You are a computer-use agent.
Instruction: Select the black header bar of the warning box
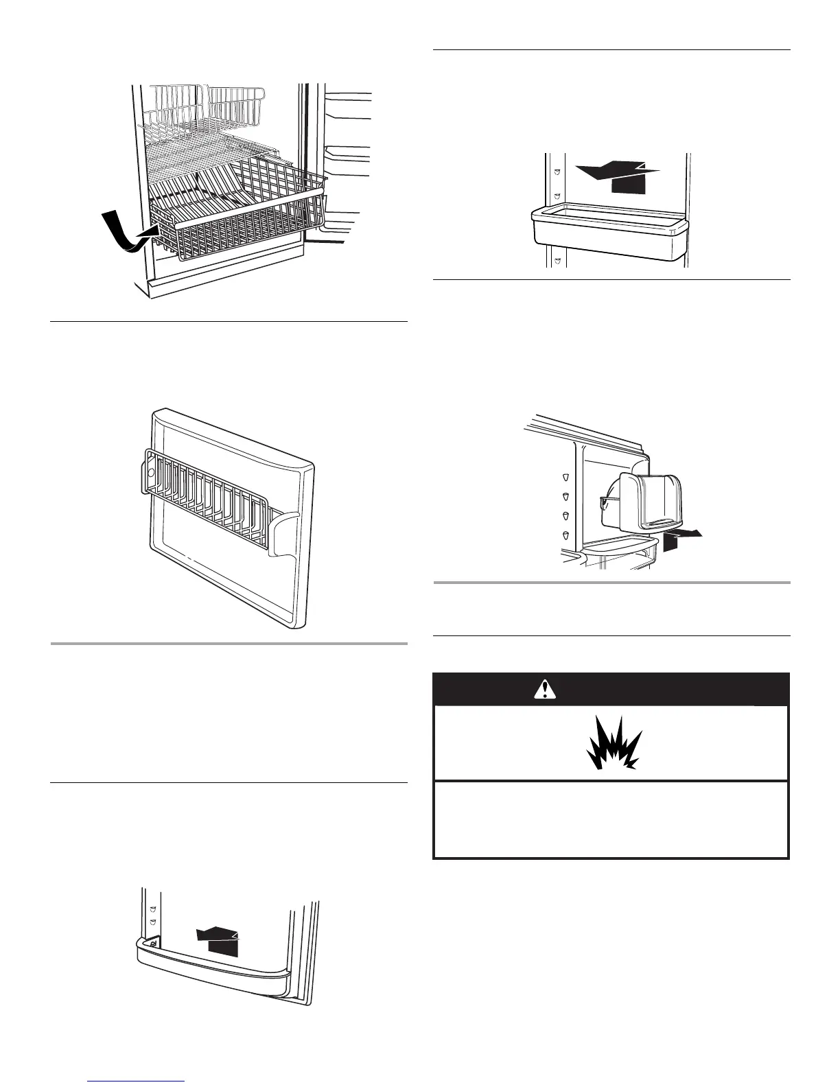point(611,690)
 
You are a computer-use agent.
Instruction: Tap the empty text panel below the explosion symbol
point(611,819)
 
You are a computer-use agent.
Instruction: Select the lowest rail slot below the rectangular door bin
point(557,261)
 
